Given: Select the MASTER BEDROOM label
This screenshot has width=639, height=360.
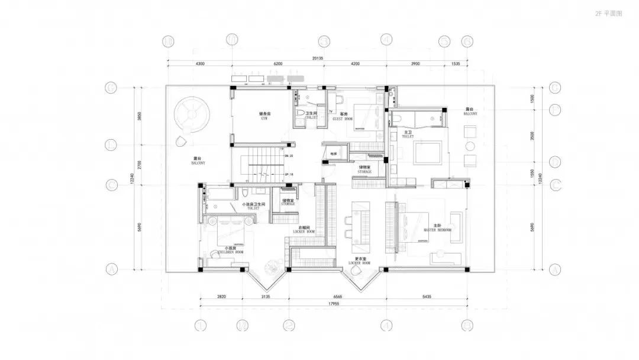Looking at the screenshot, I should pos(437,228).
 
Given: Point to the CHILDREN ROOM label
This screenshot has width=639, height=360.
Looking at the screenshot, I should pos(230,250).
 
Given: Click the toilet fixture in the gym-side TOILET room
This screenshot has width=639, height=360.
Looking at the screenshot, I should pos(301,112).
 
